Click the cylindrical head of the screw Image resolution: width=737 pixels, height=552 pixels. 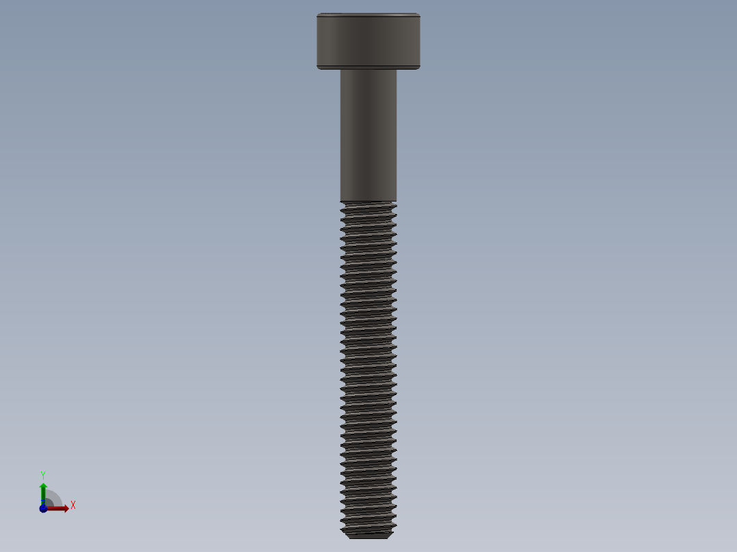[x=368, y=41]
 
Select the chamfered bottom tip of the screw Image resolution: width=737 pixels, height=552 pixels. [x=368, y=535]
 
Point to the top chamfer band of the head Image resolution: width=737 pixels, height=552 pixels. [x=368, y=15]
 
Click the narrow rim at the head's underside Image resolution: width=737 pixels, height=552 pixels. [x=368, y=67]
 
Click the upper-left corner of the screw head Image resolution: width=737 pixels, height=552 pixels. [x=318, y=14]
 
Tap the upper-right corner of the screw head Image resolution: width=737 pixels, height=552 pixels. [x=418, y=14]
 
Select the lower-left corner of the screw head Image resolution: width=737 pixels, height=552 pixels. [x=318, y=68]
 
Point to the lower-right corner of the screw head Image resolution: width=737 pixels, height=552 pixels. [x=418, y=68]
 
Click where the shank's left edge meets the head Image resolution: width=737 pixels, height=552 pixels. [x=340, y=70]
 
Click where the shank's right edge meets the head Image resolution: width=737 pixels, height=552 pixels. [x=397, y=70]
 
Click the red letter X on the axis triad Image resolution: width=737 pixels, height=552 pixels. [x=72, y=505]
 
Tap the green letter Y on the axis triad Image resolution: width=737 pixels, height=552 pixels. [x=42, y=474]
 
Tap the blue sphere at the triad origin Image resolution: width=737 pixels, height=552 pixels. [x=44, y=508]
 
